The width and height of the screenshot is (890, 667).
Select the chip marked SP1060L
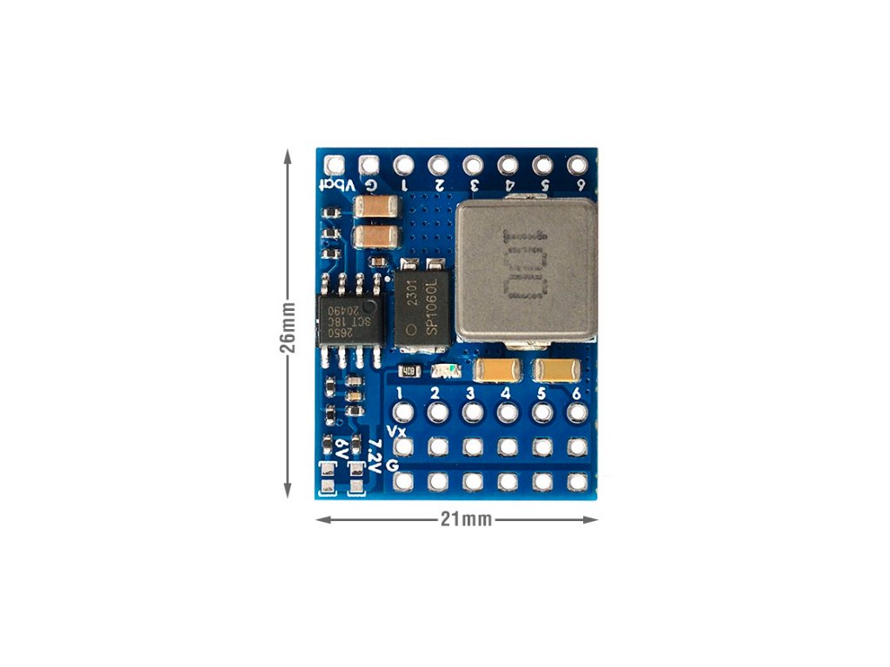pyautogui.click(x=421, y=309)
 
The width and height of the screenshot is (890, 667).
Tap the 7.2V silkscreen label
pyautogui.click(x=375, y=456)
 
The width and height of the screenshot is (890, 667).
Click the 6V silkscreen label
pyautogui.click(x=342, y=451)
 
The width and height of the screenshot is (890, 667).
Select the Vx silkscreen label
pyautogui.click(x=396, y=432)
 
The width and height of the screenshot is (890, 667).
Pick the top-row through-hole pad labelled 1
pyautogui.click(x=402, y=163)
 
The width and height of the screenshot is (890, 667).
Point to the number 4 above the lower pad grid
pyautogui.click(x=506, y=393)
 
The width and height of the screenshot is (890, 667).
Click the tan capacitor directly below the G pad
pyautogui.click(x=377, y=207)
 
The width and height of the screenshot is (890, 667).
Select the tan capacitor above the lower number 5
pyautogui.click(x=555, y=371)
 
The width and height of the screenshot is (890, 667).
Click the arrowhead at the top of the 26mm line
pyautogui.click(x=288, y=155)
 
